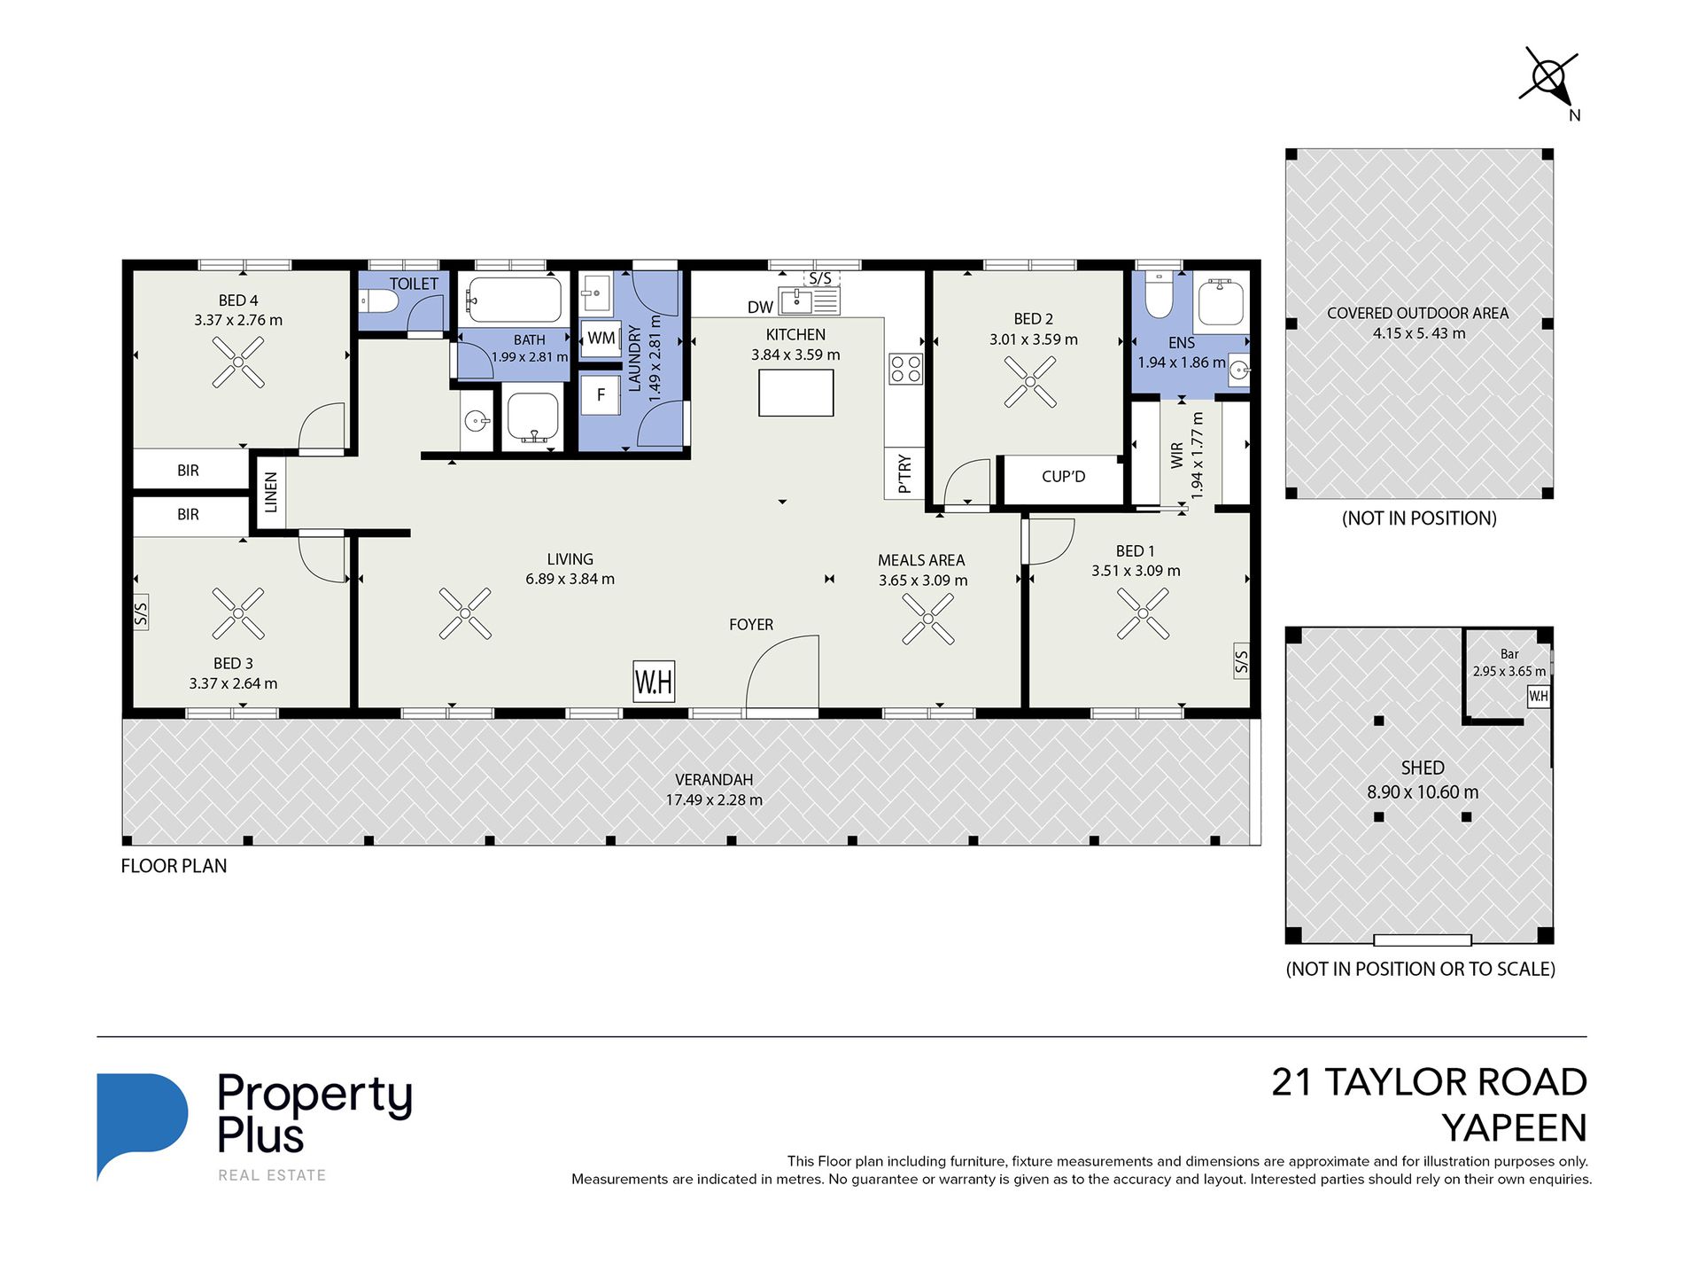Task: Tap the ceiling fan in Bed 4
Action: pyautogui.click(x=238, y=362)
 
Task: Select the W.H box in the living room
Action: pyautogui.click(x=654, y=682)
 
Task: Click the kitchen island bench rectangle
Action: pyautogui.click(x=796, y=393)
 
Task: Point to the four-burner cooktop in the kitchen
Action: pyautogui.click(x=906, y=369)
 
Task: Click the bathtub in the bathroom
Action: pyautogui.click(x=515, y=300)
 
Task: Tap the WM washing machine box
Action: pyautogui.click(x=601, y=338)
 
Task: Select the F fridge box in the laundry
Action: pyautogui.click(x=601, y=395)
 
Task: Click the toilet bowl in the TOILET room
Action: pyautogui.click(x=379, y=302)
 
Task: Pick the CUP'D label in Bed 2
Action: pyautogui.click(x=1063, y=477)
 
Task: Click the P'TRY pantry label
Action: pyautogui.click(x=904, y=473)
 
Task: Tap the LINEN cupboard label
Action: pyautogui.click(x=271, y=492)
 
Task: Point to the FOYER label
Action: pyautogui.click(x=751, y=625)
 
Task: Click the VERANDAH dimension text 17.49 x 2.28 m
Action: pyautogui.click(x=714, y=799)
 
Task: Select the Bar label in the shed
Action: pyautogui.click(x=1509, y=654)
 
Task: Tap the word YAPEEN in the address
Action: pyautogui.click(x=1514, y=1128)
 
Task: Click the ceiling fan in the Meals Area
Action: pyautogui.click(x=927, y=619)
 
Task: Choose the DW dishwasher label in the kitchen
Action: pyautogui.click(x=760, y=308)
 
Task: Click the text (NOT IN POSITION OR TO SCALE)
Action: pyautogui.click(x=1420, y=969)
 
